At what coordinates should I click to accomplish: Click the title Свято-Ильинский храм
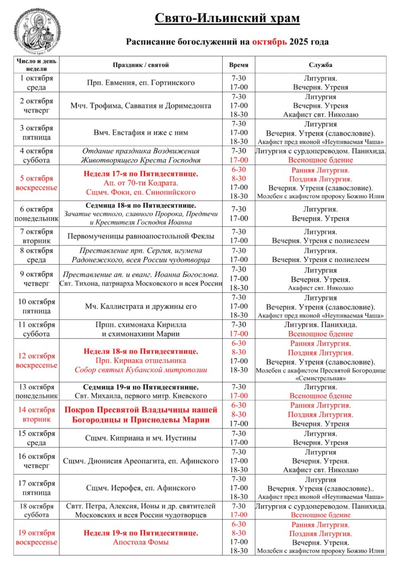[227, 19]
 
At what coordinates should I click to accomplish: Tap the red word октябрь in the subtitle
[270, 41]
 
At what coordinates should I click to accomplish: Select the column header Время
[239, 65]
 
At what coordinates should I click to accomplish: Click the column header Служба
[320, 65]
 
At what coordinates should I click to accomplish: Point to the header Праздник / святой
[141, 65]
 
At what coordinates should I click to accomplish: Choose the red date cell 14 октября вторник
[37, 415]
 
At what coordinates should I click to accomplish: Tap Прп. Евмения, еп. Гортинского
[141, 83]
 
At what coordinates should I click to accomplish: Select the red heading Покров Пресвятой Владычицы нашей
[141, 410]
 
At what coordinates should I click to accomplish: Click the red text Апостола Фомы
[141, 542]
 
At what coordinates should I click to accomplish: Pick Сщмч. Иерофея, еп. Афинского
[141, 488]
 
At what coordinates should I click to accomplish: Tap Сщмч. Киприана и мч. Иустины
[141, 438]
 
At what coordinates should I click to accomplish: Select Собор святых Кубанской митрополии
[141, 370]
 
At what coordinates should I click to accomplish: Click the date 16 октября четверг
[37, 461]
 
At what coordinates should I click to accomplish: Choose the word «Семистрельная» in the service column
[320, 379]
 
